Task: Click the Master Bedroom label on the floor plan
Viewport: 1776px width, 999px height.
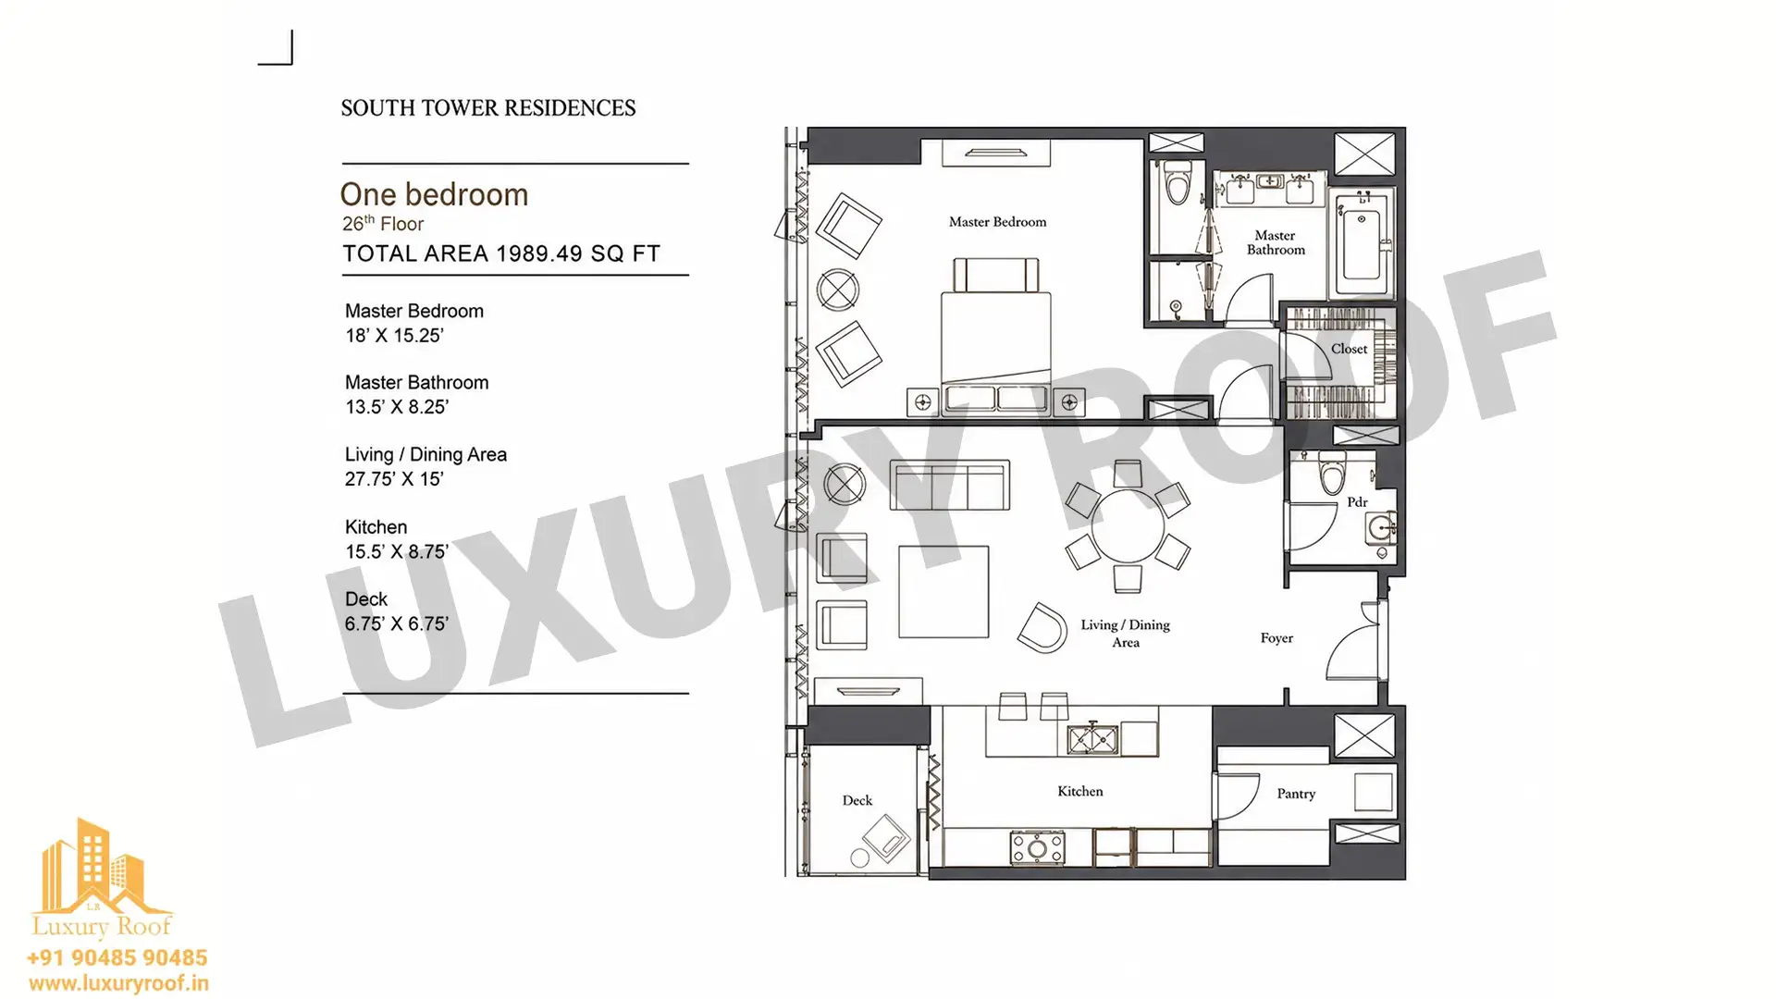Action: click(997, 222)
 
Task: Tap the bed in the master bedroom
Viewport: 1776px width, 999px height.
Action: click(996, 334)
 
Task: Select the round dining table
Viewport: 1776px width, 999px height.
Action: click(1128, 526)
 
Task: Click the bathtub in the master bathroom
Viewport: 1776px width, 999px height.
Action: click(1362, 244)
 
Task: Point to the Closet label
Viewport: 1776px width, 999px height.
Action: click(1349, 349)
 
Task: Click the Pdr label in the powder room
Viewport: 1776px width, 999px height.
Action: click(1357, 502)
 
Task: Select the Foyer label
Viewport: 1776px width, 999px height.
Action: click(1276, 638)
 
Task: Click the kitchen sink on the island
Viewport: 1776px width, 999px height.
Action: click(1093, 738)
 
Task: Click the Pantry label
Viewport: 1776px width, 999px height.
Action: click(1296, 794)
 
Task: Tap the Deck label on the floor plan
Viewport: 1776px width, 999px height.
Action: click(857, 800)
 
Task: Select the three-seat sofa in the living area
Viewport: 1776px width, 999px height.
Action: click(950, 485)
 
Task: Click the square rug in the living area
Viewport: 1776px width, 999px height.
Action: click(943, 592)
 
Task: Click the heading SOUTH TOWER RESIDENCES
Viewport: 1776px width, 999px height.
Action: click(488, 108)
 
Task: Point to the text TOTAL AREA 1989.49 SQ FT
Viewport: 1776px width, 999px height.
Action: click(501, 254)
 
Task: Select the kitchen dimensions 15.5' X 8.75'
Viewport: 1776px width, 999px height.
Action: click(397, 552)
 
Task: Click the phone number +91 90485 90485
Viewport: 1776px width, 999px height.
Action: click(117, 958)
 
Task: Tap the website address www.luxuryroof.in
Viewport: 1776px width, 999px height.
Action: click(118, 983)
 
